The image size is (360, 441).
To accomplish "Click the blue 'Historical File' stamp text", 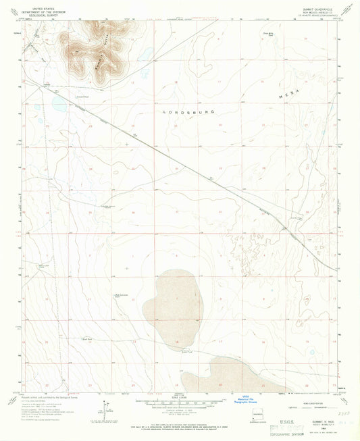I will pos(255,400).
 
